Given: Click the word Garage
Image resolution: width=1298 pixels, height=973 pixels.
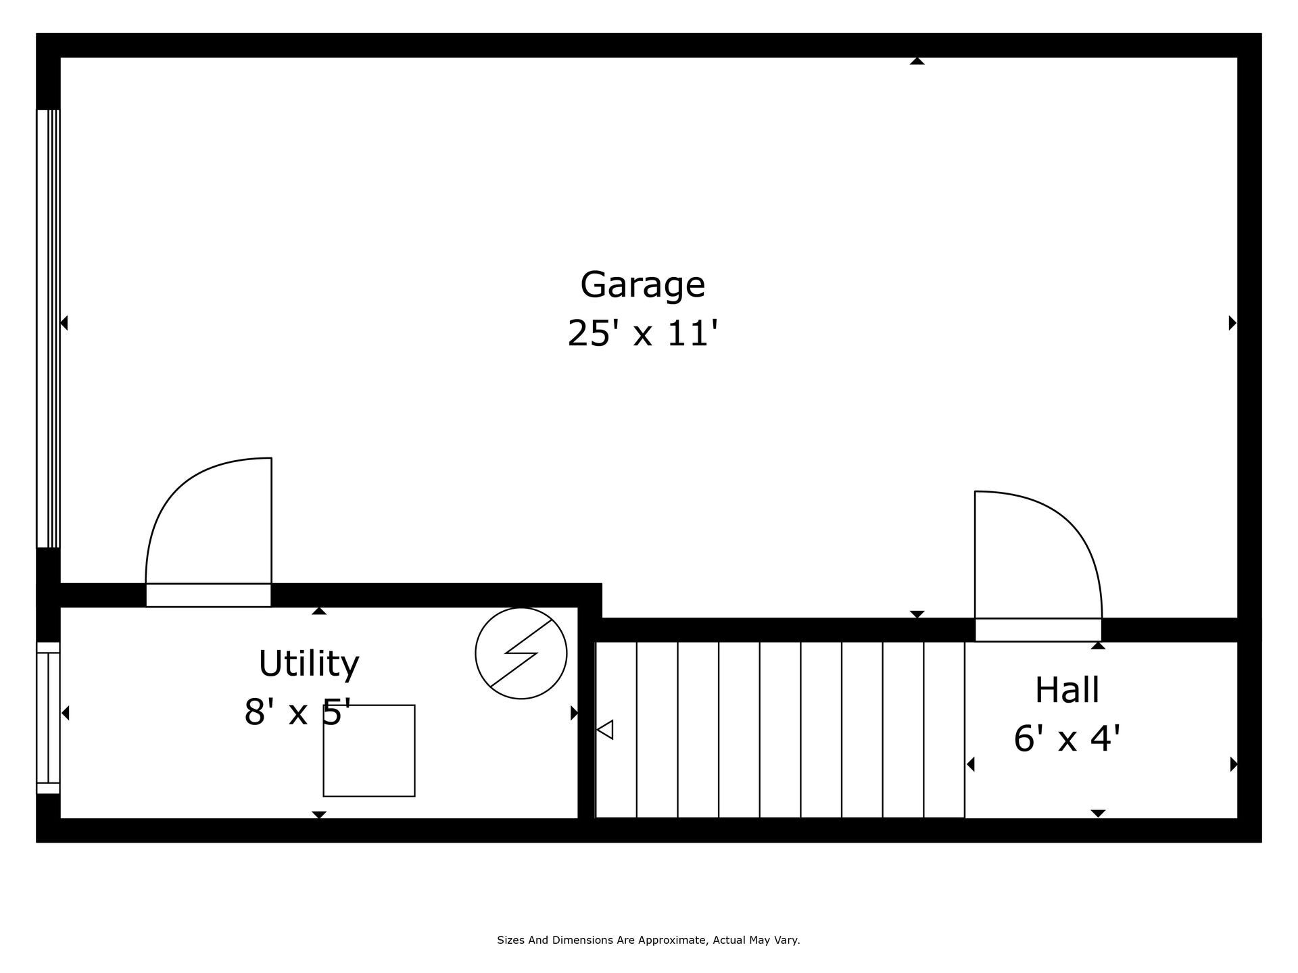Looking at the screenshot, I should coord(642,285).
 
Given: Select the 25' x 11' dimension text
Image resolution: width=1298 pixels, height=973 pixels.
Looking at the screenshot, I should coord(642,334).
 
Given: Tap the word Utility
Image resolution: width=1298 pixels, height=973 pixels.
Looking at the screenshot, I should coord(309,664).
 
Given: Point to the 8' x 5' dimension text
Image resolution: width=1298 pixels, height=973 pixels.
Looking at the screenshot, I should coord(297,712).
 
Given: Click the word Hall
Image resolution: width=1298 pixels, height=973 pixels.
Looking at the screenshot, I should coord(1067,690).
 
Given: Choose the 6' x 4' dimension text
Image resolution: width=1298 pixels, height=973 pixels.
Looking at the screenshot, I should coord(1067,738).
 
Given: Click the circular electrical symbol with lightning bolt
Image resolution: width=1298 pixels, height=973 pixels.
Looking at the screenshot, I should coord(521,653).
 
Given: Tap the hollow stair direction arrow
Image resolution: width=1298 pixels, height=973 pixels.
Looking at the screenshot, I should coord(605,730).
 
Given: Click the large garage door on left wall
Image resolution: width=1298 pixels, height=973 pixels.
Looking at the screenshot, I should coord(48,328).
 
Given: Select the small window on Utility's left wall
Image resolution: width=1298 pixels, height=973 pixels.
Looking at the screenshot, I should coord(48,718).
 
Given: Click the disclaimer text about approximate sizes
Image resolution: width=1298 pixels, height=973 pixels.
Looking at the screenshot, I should coord(648,940).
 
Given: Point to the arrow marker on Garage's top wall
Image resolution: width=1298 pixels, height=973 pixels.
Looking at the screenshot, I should coord(917,61).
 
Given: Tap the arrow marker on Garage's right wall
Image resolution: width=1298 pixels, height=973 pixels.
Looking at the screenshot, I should coord(1232,323).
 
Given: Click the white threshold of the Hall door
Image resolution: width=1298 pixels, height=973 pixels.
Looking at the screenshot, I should coord(1038,630).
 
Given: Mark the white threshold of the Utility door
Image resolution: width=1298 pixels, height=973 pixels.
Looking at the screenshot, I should coord(208,595).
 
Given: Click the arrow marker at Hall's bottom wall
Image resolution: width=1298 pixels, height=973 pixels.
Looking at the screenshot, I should coord(1098,813).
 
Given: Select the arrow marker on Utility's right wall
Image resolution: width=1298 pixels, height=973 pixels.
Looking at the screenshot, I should coord(574,713).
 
